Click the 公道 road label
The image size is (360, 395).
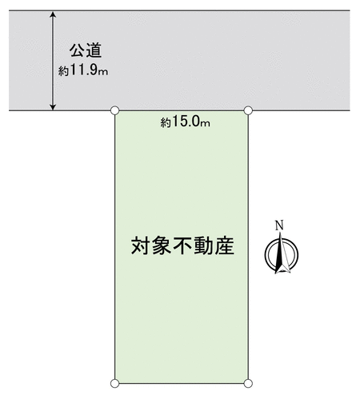pyautogui.click(x=86, y=50)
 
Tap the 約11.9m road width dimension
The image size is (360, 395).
pyautogui.click(x=83, y=70)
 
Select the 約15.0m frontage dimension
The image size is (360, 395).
pyautogui.click(x=185, y=122)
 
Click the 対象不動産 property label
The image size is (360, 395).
pyautogui.click(x=182, y=245)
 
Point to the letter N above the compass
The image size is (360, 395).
pyautogui.click(x=279, y=225)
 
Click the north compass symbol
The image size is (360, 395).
pyautogui.click(x=282, y=253)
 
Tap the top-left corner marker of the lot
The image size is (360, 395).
pyautogui.click(x=115, y=110)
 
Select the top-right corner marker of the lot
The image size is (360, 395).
pyautogui.click(x=248, y=110)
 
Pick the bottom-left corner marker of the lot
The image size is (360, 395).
pyautogui.click(x=115, y=384)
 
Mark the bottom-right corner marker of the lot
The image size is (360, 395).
pyautogui.click(x=248, y=384)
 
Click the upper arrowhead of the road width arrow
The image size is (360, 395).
pyautogui.click(x=54, y=14)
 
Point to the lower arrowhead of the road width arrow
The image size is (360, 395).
pyautogui.click(x=54, y=106)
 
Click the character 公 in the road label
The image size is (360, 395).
pyautogui.click(x=78, y=50)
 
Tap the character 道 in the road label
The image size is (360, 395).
pyautogui.click(x=94, y=50)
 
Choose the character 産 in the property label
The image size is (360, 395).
pyautogui.click(x=225, y=245)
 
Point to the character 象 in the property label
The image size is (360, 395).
pyautogui.click(x=162, y=245)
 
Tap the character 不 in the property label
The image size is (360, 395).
pyautogui.click(x=182, y=245)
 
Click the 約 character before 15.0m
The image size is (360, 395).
pyautogui.click(x=166, y=123)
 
